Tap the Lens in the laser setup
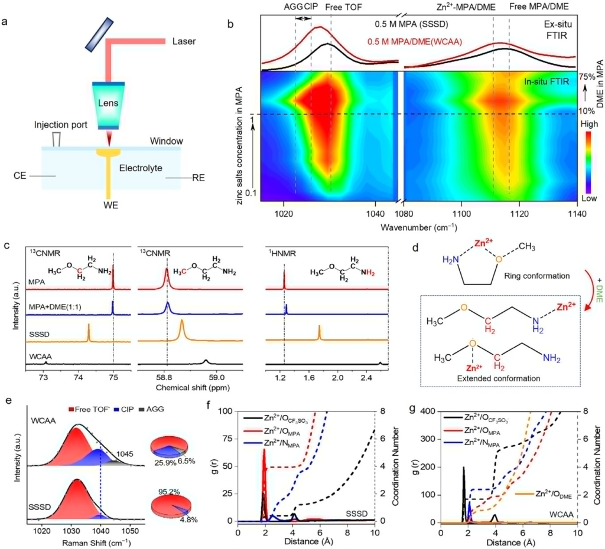[x=108, y=104]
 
